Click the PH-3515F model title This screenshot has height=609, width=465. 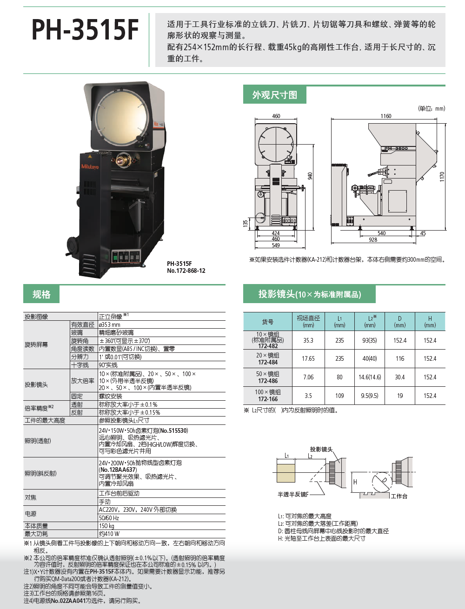coord(85,30)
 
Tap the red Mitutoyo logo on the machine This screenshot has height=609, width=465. coord(90,166)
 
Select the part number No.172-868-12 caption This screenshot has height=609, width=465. coord(186,271)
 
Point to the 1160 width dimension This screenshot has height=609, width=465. coord(386,116)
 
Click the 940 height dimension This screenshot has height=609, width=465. coord(310,176)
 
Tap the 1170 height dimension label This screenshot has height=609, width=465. coord(442,177)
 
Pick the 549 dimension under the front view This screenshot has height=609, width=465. coord(275,245)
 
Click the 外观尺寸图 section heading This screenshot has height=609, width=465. coord(275,95)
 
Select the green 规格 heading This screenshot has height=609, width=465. coord(41,294)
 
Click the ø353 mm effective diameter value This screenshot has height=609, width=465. coord(110,324)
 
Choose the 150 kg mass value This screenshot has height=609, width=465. coord(106,526)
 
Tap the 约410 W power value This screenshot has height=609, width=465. coord(109,534)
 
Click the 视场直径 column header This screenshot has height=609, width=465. coord(308,318)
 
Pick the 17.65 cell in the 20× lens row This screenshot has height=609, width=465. coord(308,359)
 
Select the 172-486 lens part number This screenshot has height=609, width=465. coord(268,381)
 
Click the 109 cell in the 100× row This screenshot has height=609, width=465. coord(339,396)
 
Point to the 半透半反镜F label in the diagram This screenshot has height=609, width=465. coord(293,494)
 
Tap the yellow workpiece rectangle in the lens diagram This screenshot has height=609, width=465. coord(286,474)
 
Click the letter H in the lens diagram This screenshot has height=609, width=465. coord(355,482)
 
